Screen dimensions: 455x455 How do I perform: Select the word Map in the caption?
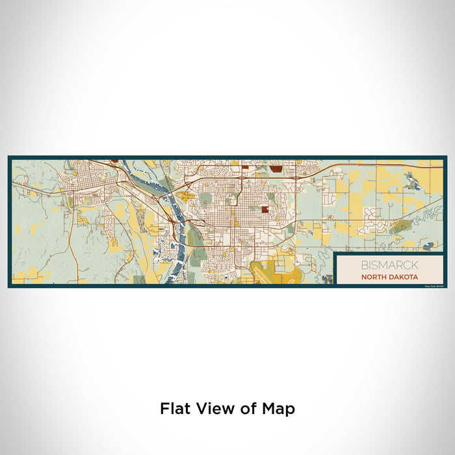279,409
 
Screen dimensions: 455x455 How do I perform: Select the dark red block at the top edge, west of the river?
114,160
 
